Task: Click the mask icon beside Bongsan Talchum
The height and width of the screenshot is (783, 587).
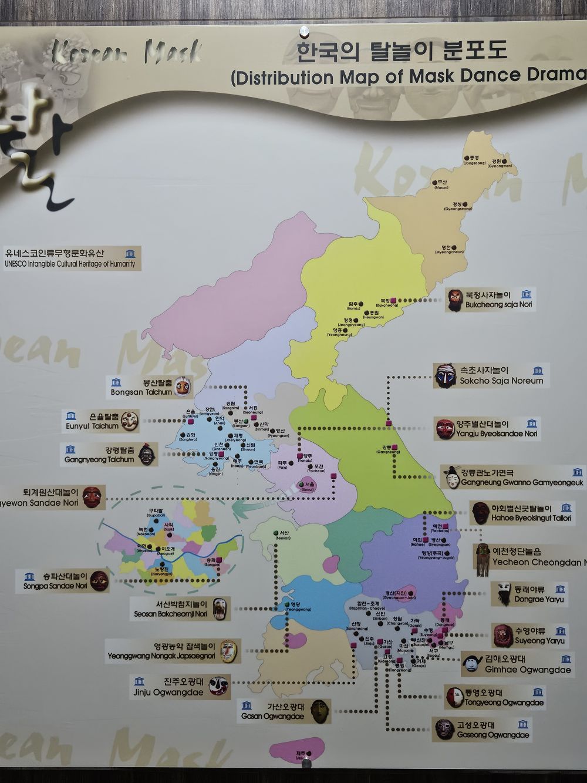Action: (x=184, y=386)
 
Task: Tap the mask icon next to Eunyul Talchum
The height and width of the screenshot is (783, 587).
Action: (x=130, y=419)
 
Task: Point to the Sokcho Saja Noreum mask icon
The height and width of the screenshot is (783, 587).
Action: (x=446, y=375)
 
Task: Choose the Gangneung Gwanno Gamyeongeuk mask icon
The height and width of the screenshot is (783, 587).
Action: (x=451, y=477)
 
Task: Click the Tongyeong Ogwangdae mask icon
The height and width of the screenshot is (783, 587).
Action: (x=454, y=697)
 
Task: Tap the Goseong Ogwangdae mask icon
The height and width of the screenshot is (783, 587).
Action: (x=444, y=729)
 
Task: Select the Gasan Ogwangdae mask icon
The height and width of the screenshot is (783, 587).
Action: (x=319, y=711)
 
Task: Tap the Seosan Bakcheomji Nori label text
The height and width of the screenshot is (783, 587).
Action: (x=181, y=609)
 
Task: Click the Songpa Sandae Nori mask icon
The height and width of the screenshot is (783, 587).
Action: (x=99, y=580)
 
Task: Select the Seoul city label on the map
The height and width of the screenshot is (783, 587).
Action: (x=308, y=486)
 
